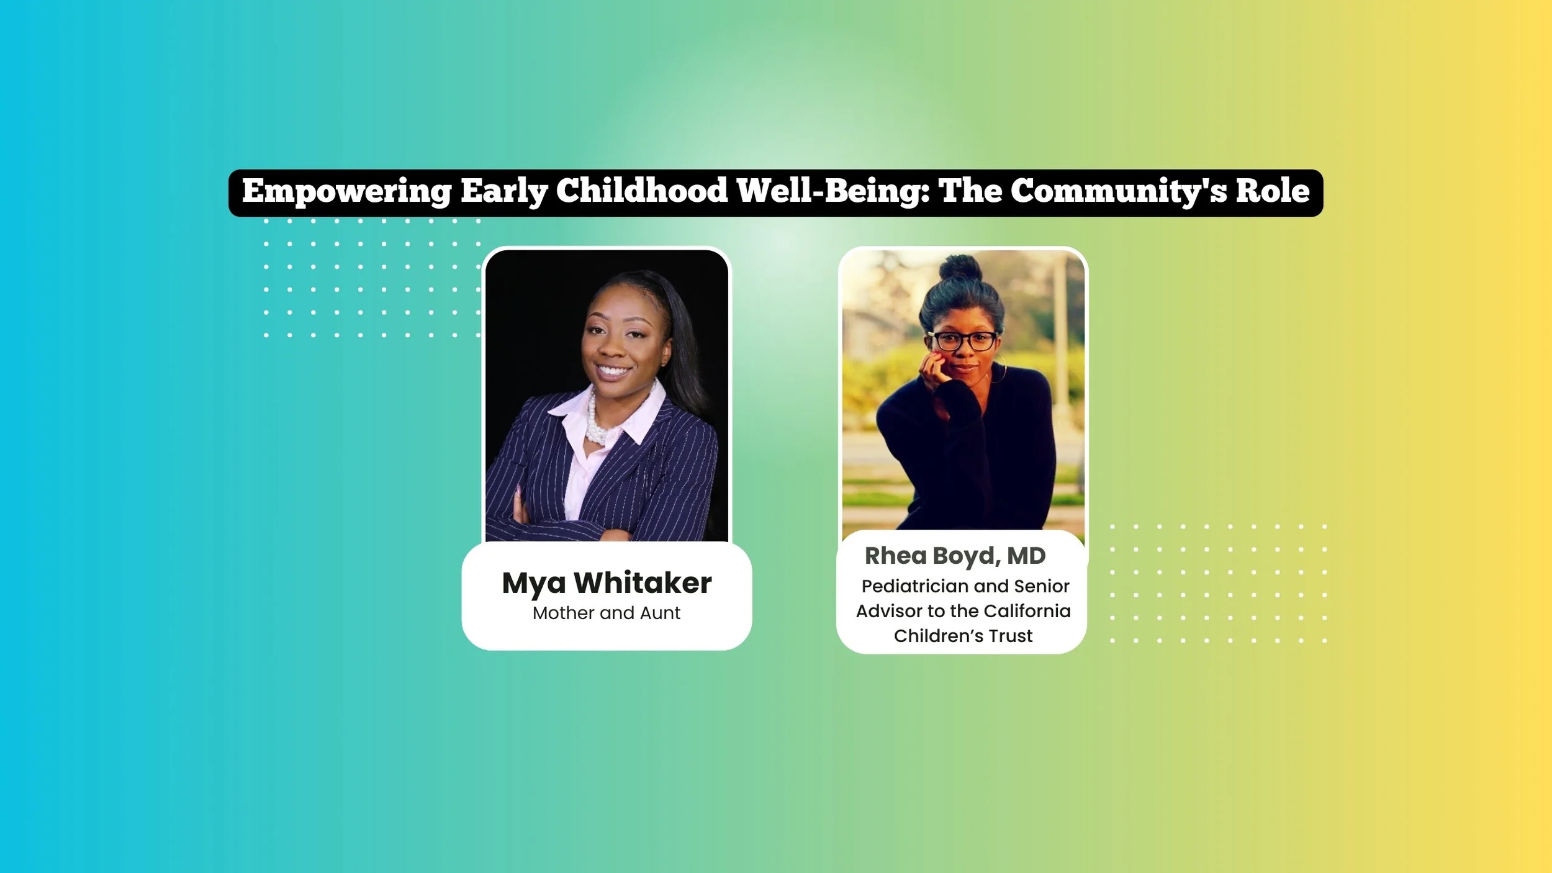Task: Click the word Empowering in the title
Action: (346, 191)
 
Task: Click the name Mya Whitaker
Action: (607, 583)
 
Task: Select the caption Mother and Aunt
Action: (607, 613)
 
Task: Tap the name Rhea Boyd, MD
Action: (955, 556)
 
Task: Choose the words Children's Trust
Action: (963, 636)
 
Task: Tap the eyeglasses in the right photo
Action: (962, 341)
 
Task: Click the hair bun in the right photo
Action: (960, 268)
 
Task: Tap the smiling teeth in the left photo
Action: (613, 372)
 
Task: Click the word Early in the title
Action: (503, 191)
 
